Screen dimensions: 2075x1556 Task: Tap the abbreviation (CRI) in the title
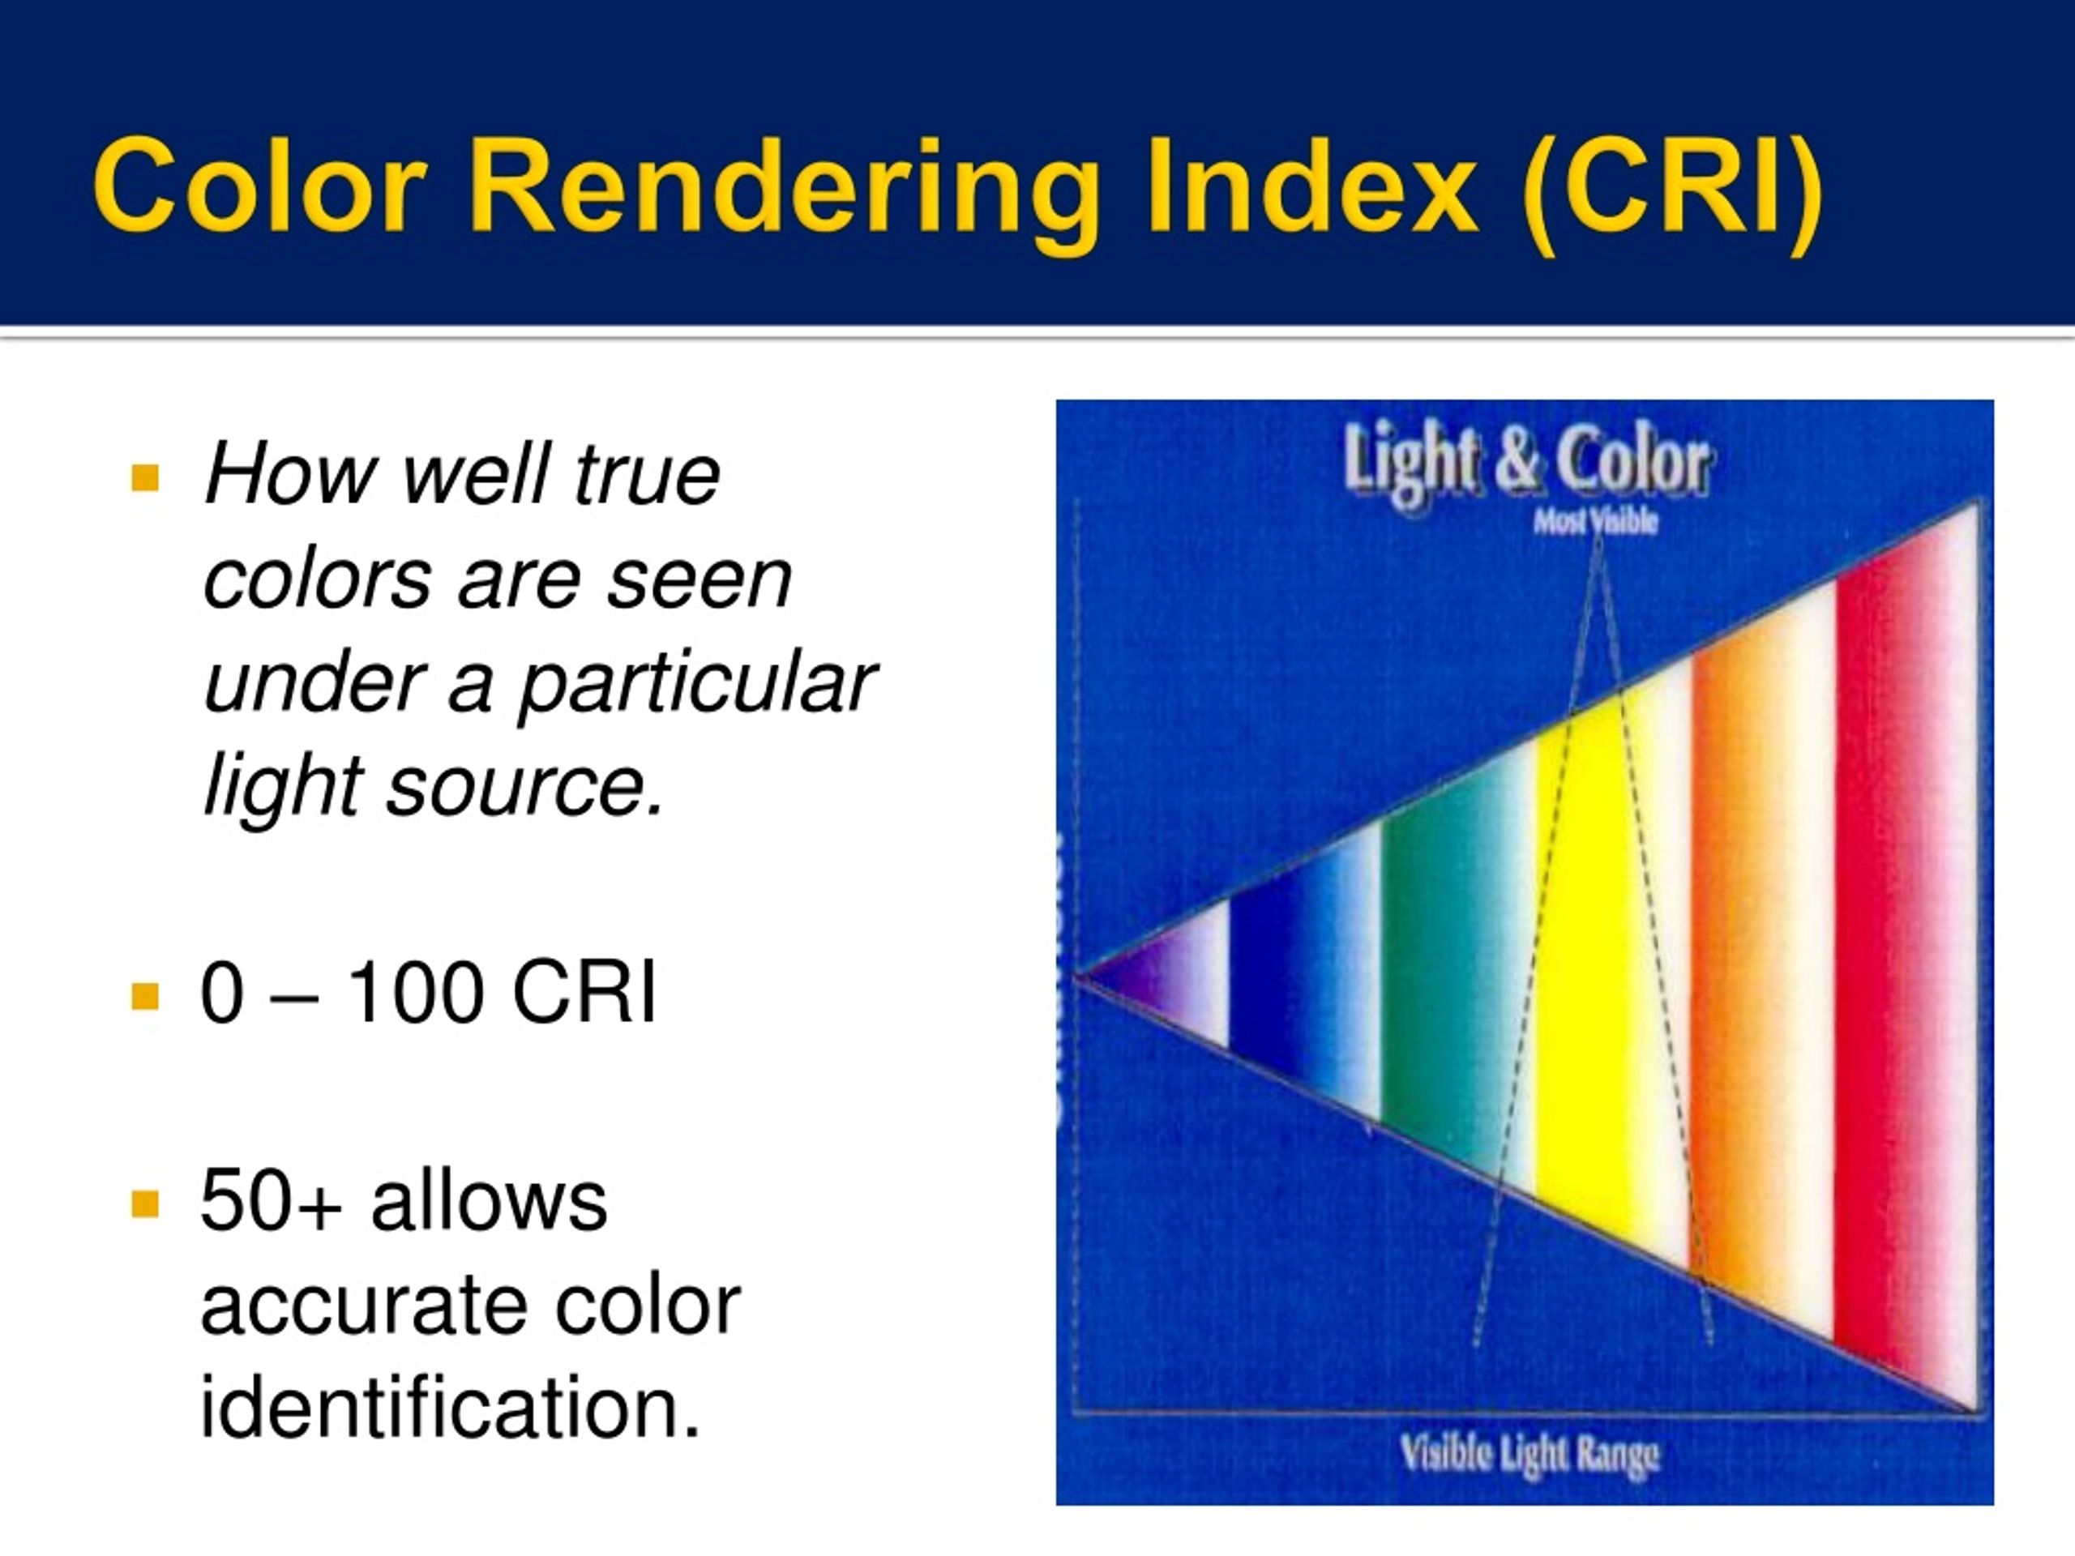pos(1671,187)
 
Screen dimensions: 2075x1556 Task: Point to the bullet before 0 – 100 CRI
pos(145,996)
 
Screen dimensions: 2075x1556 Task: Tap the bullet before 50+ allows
pos(145,1204)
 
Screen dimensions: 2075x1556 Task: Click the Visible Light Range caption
pos(1529,1455)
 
